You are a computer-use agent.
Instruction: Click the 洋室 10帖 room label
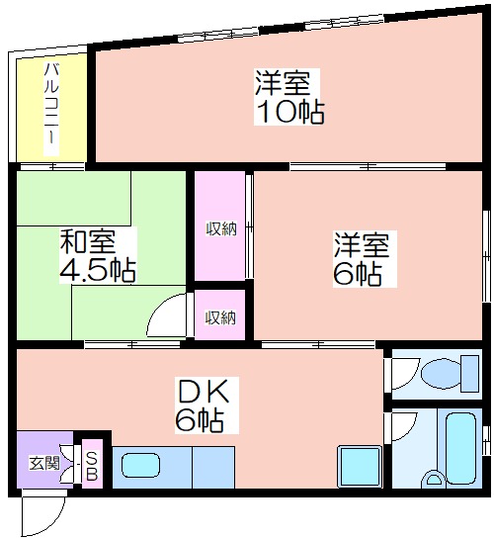coord(289,97)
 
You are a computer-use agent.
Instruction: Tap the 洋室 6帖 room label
coord(362,258)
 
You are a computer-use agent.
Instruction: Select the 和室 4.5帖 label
coord(98,255)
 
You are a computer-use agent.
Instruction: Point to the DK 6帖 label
coord(203,404)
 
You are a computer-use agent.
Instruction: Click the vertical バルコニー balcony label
coord(51,109)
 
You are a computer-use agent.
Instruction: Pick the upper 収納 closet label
coord(221,228)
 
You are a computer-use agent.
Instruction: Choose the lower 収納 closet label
coord(220,317)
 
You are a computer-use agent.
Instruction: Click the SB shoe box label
coord(91,466)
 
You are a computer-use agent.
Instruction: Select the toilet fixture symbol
coord(449,373)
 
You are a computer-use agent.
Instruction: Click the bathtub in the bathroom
coord(461,447)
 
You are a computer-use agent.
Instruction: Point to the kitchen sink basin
coord(140,465)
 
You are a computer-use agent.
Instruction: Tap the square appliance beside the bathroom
coord(360,466)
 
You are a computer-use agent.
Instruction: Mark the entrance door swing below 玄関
coord(42,512)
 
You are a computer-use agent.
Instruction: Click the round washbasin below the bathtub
coord(435,479)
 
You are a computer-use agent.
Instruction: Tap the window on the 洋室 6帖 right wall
coord(486,256)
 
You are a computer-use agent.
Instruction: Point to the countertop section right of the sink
coord(213,467)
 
